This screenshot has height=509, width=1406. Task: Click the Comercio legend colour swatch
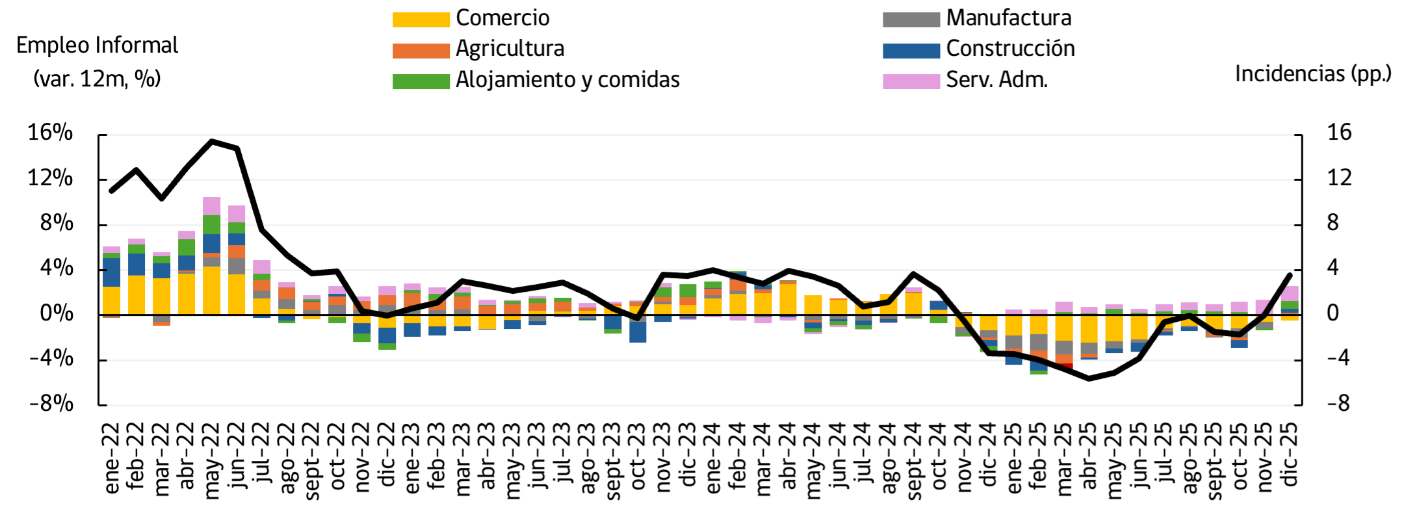pos(421,20)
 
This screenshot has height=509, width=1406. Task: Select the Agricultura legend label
pos(510,49)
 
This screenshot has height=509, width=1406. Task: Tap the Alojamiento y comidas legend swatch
pos(421,81)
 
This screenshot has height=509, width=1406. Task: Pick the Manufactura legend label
pos(1008,18)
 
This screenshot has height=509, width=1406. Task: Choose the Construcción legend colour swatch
pos(911,50)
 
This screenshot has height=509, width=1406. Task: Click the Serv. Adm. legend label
pos(996,80)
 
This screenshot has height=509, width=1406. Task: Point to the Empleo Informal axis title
pos(97,46)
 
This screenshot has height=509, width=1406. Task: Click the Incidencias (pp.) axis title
pos(1312,74)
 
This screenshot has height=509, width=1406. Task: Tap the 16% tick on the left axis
pos(50,133)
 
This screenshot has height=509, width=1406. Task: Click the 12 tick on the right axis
pos(1339,177)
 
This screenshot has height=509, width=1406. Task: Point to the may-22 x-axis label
pos(211,460)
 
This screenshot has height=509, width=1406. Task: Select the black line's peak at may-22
pos(212,141)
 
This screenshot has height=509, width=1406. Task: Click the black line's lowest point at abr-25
pos(1089,378)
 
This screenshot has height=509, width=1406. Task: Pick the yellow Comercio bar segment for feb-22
pos(137,294)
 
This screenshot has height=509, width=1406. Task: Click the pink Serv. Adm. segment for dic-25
pos(1290,293)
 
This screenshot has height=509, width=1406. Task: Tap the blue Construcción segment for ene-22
pos(111,272)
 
